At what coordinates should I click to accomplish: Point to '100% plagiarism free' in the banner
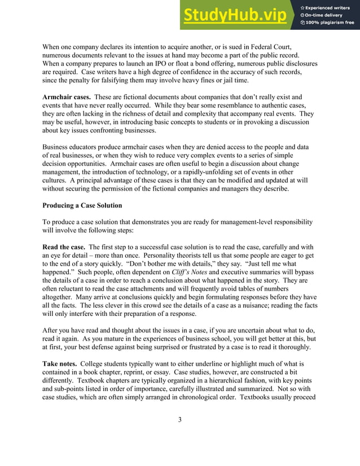(x=330, y=23)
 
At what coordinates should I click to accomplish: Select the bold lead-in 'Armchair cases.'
(x=67, y=97)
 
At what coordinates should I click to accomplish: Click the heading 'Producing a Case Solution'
(x=82, y=205)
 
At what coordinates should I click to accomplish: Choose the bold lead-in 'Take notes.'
(x=59, y=364)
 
